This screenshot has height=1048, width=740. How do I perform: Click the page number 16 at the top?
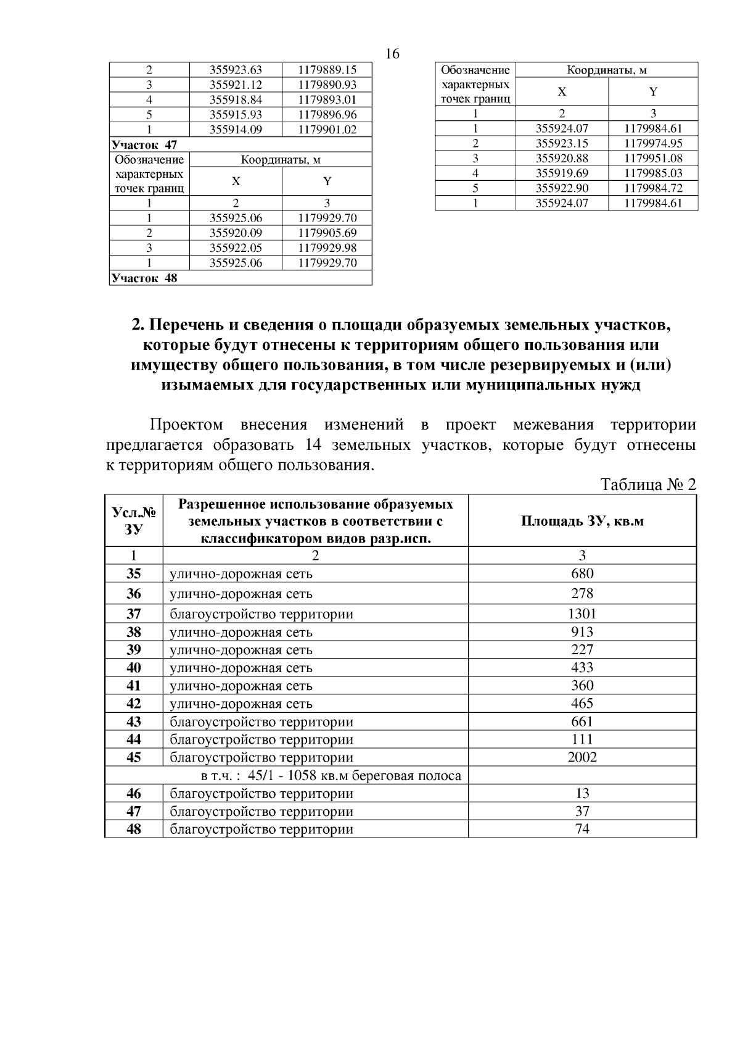coord(392,54)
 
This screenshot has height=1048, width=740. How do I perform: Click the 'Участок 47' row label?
coord(144,145)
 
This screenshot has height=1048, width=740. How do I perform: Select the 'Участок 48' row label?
coord(144,278)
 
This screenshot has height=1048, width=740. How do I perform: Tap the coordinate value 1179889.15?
coord(327,70)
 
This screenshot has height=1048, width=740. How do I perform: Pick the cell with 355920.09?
coord(236,233)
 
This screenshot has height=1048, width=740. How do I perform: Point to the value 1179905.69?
coord(327,233)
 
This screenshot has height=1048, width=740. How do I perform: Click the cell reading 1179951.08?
coord(653,159)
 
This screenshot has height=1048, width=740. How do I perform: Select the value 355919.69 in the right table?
coord(561,173)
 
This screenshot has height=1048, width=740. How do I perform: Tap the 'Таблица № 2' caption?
coord(647,485)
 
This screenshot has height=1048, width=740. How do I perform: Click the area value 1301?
coord(582,613)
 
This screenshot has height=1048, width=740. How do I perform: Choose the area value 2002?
coord(582,757)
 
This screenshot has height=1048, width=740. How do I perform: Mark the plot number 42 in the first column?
coord(133,704)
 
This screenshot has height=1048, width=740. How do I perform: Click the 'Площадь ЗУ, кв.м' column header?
coord(582,521)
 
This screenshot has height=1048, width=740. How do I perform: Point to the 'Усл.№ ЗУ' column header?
coord(133,521)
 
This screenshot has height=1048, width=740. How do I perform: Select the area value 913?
coord(582,632)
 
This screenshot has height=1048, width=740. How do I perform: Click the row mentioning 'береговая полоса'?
coord(331,775)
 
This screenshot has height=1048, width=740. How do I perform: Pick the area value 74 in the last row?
coord(582,829)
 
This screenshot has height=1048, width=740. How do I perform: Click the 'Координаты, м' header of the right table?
coord(606,70)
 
